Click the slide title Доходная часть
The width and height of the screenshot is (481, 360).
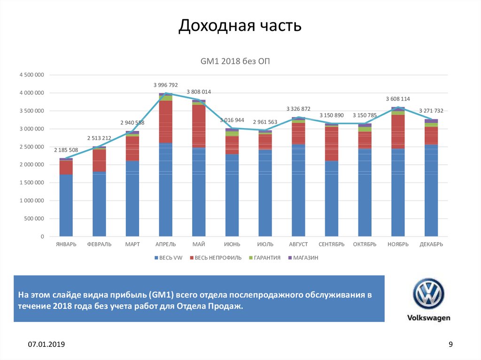click(240, 26)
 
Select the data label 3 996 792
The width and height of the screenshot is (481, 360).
click(165, 85)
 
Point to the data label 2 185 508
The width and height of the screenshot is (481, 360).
click(66, 150)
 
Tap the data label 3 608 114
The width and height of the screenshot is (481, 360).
click(398, 99)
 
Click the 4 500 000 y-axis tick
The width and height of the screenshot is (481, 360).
click(31, 75)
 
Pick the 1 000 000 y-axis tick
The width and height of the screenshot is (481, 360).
click(31, 201)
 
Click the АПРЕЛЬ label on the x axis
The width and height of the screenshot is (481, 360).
click(165, 244)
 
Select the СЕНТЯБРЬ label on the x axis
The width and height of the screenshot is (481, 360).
click(332, 244)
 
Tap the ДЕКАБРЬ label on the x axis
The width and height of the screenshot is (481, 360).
click(431, 244)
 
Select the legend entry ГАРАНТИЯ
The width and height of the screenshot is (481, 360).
click(267, 258)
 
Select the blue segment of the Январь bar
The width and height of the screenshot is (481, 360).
click(66, 206)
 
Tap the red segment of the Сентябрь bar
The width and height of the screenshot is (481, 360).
click(332, 144)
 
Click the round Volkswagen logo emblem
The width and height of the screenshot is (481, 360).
click(428, 294)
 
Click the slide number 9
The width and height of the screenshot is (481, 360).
click(451, 345)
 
